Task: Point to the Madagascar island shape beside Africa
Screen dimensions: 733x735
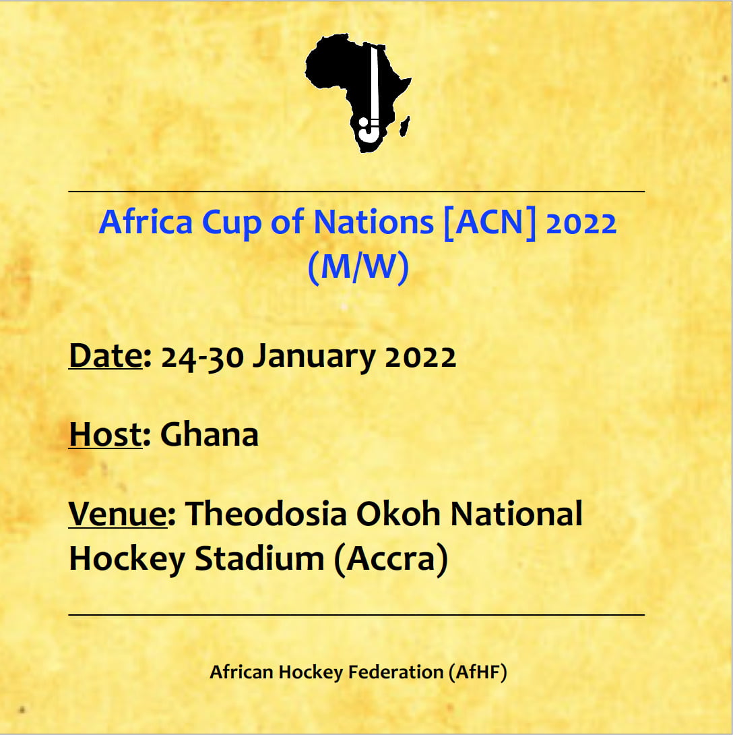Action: (405, 127)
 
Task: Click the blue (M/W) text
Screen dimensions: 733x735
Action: (358, 267)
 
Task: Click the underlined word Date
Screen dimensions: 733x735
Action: (106, 355)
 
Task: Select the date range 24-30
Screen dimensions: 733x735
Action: (202, 357)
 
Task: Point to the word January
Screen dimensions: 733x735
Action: (314, 358)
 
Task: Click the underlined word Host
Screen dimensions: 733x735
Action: (106, 434)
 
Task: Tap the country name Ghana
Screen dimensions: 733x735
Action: (210, 434)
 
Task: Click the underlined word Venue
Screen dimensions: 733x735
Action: (118, 514)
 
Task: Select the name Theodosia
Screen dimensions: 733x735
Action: (266, 514)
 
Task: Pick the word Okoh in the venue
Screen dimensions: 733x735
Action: (399, 514)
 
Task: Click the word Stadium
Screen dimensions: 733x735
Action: (259, 559)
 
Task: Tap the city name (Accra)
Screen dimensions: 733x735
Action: (391, 560)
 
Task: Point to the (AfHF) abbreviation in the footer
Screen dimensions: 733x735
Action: (478, 672)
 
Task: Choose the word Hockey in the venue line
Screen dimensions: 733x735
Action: (127, 560)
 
